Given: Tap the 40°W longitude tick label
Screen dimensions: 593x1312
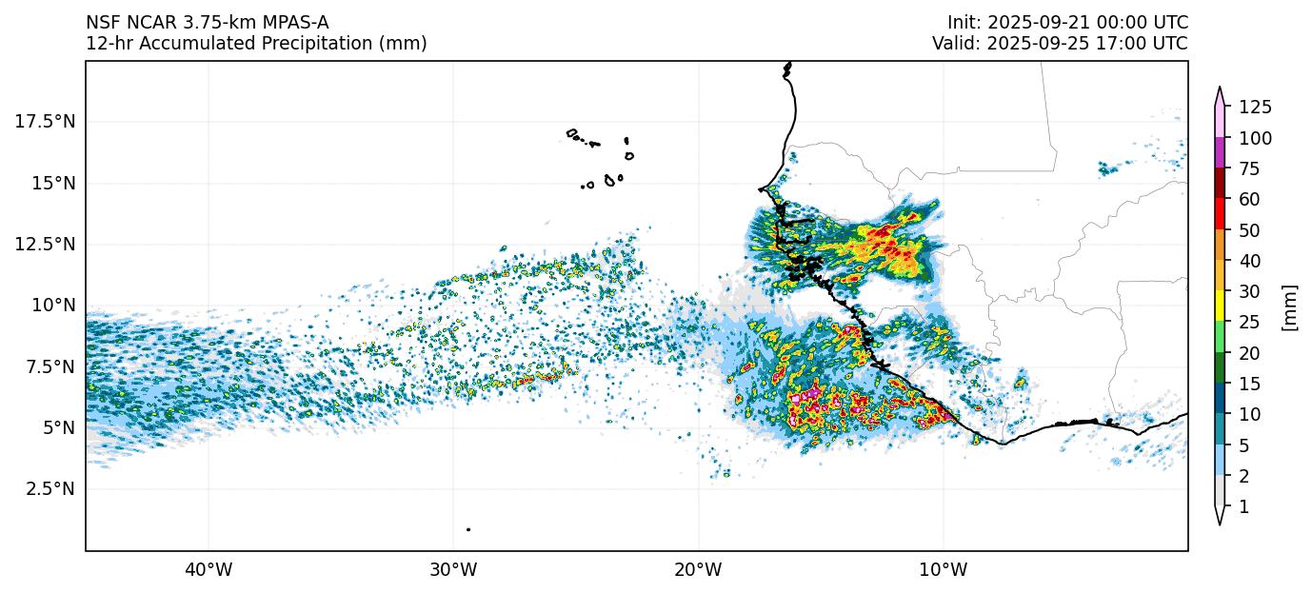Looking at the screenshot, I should (208, 570).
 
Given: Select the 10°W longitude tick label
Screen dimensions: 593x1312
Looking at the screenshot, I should (944, 570).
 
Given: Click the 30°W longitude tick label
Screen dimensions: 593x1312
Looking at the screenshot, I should (453, 570).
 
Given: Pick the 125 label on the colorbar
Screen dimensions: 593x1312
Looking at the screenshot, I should (1255, 107).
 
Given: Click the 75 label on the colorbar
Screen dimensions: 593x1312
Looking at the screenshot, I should (1249, 168).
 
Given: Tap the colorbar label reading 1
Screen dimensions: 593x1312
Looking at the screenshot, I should (1243, 507).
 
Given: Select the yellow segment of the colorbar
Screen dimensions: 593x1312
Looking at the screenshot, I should (1220, 306).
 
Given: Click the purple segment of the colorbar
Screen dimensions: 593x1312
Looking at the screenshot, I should (1220, 153).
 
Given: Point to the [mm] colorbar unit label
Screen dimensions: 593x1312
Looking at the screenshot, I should (1290, 306).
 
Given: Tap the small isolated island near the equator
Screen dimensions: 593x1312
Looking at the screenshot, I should (468, 529).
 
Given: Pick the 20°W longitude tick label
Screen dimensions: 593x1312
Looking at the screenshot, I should (698, 570).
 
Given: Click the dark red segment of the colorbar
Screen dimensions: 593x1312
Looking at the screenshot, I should (1220, 184).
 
